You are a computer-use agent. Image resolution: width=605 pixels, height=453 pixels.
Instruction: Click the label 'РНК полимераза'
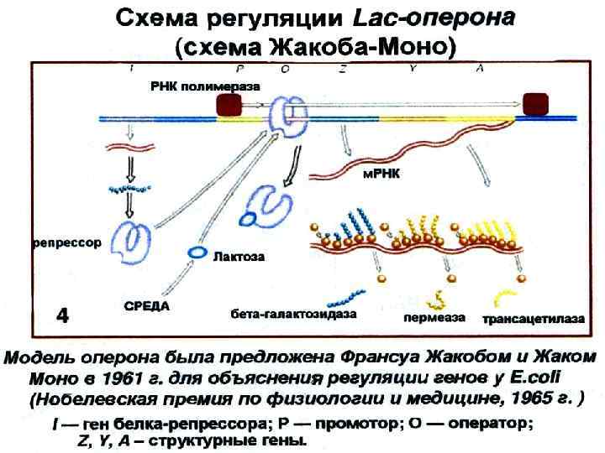(x=205, y=86)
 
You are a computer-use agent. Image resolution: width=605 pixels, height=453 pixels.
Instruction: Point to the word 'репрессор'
(x=67, y=243)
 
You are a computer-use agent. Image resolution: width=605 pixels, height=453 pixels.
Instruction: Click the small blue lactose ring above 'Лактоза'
(x=197, y=251)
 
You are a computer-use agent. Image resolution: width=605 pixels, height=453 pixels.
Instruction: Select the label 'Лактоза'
(x=239, y=258)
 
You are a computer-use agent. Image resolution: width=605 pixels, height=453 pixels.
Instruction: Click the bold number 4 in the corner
(x=62, y=316)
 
